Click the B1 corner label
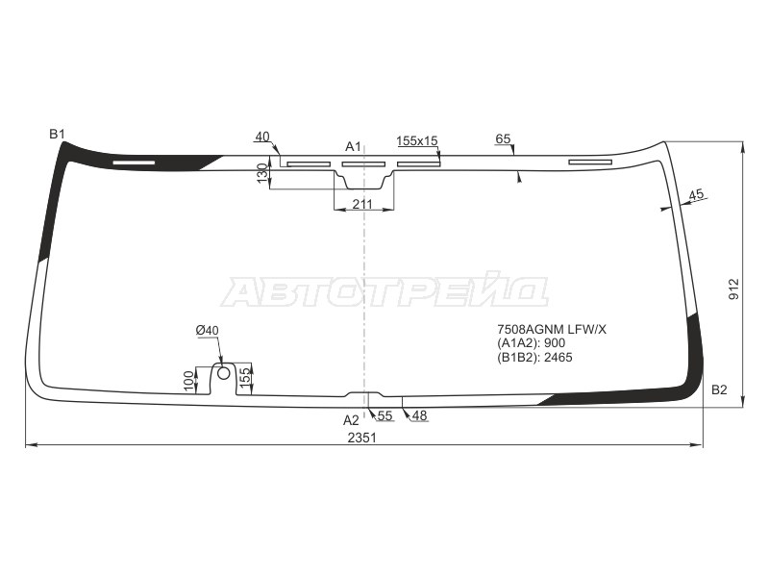(x=58, y=134)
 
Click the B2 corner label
(x=719, y=389)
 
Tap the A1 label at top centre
(x=353, y=146)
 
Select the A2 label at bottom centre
(x=351, y=419)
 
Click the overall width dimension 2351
(x=362, y=438)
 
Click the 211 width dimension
(x=362, y=203)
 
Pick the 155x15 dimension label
(x=417, y=140)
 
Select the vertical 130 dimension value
(x=261, y=173)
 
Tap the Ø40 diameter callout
(x=207, y=331)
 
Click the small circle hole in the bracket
(x=223, y=372)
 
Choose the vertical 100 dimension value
(x=188, y=380)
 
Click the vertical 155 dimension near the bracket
(x=245, y=376)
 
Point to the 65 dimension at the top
(x=503, y=139)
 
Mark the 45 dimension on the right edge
(x=697, y=194)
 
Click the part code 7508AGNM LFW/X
(x=552, y=330)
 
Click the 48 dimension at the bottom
(x=420, y=415)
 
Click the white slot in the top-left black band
(x=134, y=163)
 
